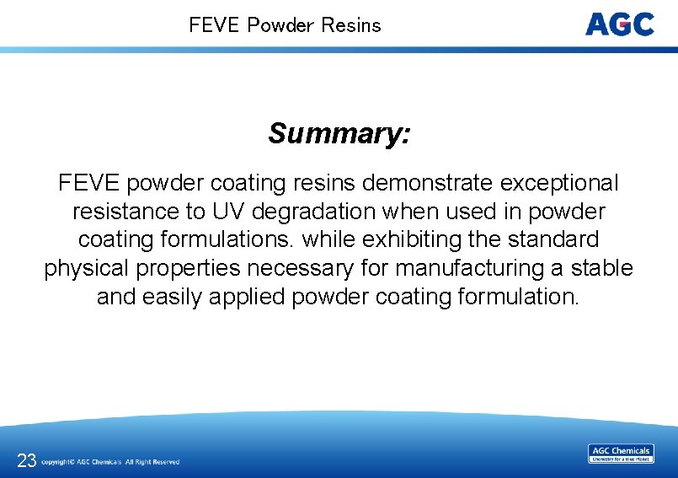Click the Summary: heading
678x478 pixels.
click(x=339, y=133)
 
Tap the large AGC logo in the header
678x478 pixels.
click(x=620, y=24)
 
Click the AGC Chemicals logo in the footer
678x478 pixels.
click(x=621, y=454)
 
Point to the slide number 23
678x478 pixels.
click(x=26, y=460)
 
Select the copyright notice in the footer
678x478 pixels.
click(x=110, y=462)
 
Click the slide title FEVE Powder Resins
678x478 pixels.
click(x=285, y=25)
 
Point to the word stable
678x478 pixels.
click(x=601, y=268)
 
